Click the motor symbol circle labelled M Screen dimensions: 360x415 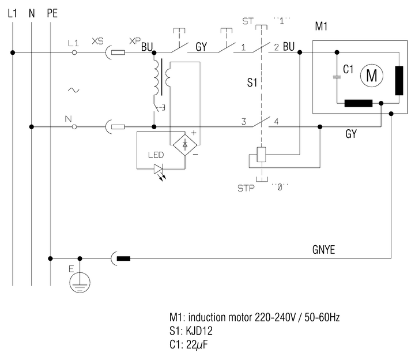pyautogui.click(x=371, y=74)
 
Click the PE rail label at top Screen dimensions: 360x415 pyautogui.click(x=51, y=12)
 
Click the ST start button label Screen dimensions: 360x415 pyautogui.click(x=248, y=22)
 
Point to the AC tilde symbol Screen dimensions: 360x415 pyautogui.click(x=73, y=90)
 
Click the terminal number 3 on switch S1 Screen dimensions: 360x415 pyautogui.click(x=244, y=122)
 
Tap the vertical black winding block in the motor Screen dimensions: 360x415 pyautogui.click(x=398, y=80)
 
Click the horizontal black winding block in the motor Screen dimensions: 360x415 pyautogui.click(x=359, y=104)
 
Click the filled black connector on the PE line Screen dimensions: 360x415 pyautogui.click(x=123, y=258)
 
